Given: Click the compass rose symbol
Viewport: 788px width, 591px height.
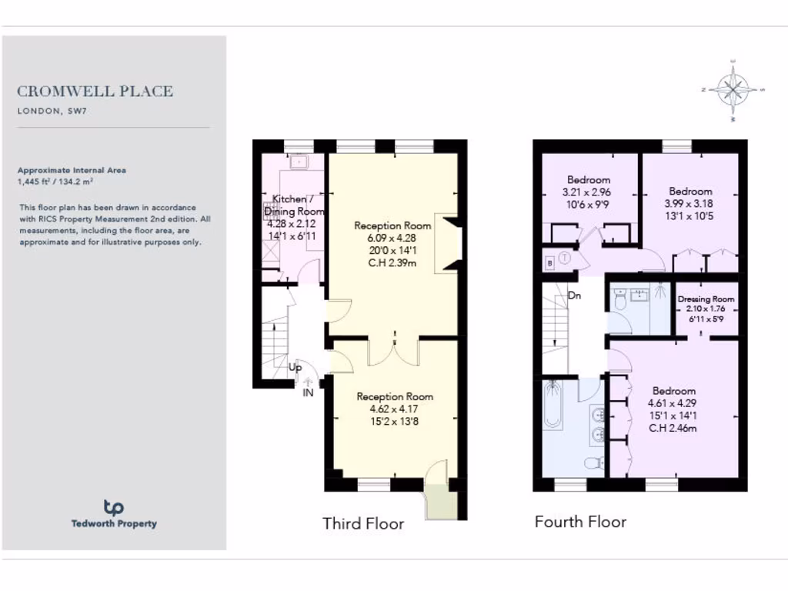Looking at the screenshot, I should click(733, 90).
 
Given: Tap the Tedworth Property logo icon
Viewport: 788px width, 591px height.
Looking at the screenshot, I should click(113, 507).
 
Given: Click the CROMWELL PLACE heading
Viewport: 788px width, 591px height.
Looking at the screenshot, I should click(95, 91).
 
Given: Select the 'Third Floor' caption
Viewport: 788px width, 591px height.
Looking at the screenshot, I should click(363, 524).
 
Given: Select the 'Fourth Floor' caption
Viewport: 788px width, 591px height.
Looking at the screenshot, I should click(580, 522).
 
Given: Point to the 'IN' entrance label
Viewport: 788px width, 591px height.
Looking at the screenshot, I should click(308, 392).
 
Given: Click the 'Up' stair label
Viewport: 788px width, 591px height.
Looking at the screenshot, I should click(295, 368).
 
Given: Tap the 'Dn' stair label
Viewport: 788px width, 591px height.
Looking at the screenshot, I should click(574, 295).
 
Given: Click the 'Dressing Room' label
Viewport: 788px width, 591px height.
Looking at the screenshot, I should click(706, 299).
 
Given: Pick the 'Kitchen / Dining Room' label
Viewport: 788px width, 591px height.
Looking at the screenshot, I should click(295, 205).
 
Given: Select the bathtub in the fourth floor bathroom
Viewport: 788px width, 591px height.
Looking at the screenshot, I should click(553, 406).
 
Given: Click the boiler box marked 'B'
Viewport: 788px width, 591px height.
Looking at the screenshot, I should click(549, 262).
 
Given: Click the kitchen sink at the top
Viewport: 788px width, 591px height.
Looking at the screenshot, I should click(299, 163).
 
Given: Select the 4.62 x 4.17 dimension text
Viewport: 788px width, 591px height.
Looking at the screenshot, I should click(394, 409).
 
